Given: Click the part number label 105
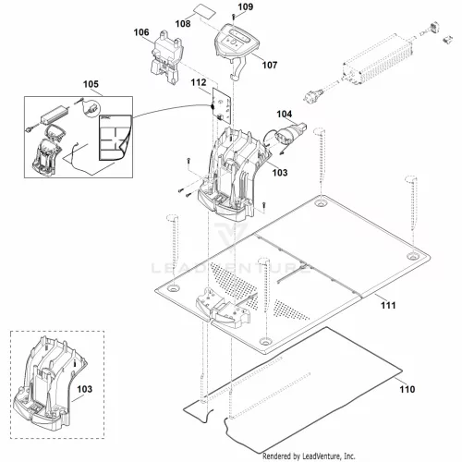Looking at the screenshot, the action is tap(91, 84).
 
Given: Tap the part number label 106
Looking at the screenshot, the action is tap(141, 32).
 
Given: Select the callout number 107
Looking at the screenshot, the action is tap(270, 65).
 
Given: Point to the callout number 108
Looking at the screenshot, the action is tap(183, 24).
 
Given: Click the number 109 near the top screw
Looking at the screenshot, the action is tap(246, 6).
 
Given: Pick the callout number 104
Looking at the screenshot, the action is tap(285, 114).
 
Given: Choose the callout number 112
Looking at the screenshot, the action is tap(199, 82).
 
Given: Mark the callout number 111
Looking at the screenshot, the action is tap(388, 305).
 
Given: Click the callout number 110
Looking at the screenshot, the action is tap(407, 389).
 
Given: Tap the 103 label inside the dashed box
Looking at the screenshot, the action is tap(84, 389).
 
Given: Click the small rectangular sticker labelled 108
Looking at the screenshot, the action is tap(204, 12).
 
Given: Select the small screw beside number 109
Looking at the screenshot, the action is tap(234, 17).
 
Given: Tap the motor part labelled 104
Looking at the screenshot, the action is tap(288, 135).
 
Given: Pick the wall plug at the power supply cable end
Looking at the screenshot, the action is tap(313, 95).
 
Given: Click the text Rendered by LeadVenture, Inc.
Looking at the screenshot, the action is tap(309, 456).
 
